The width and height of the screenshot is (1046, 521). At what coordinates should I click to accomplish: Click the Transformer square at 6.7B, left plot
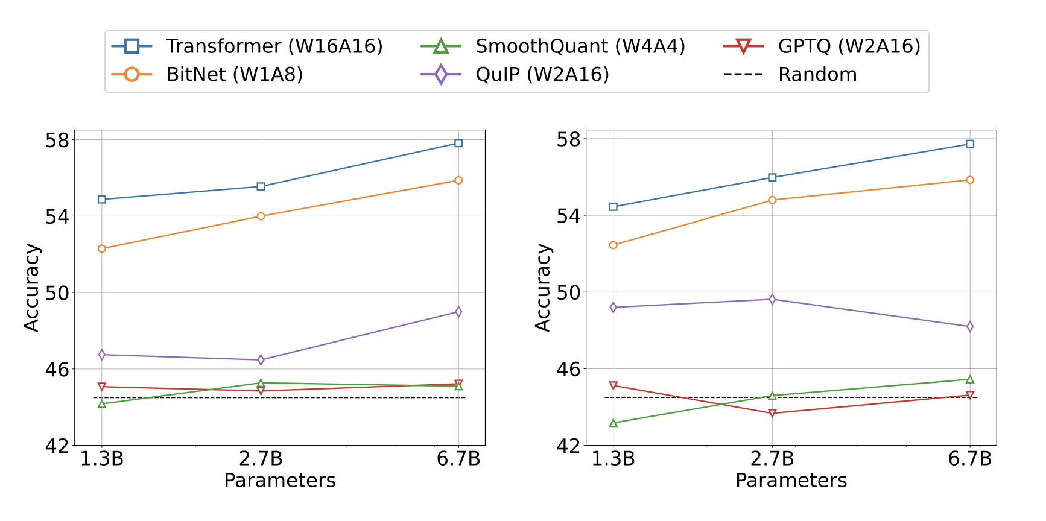[458, 143]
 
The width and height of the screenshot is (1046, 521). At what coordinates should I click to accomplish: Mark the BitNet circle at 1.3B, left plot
[102, 248]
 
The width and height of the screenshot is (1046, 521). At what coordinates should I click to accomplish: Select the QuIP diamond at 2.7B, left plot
[261, 360]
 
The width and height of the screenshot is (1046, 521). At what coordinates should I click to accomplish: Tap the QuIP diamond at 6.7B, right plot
[970, 327]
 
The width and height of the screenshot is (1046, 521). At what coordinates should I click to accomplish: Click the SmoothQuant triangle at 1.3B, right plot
[613, 423]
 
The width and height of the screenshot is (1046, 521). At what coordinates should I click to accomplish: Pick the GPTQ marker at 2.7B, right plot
[772, 414]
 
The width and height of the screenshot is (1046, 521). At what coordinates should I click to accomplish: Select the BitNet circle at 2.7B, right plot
[772, 200]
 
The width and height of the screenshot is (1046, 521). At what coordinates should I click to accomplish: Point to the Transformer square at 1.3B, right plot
[613, 207]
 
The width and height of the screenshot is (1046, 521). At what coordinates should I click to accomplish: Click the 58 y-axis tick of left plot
[57, 140]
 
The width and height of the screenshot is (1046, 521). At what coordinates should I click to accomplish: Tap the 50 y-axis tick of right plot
[569, 292]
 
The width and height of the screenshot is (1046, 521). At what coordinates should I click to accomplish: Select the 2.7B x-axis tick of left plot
[261, 459]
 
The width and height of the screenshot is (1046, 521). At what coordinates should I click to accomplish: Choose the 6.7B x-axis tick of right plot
[970, 459]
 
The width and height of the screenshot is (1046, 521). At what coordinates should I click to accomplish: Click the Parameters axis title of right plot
[791, 481]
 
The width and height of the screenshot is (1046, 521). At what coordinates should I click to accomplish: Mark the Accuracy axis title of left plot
[31, 288]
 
